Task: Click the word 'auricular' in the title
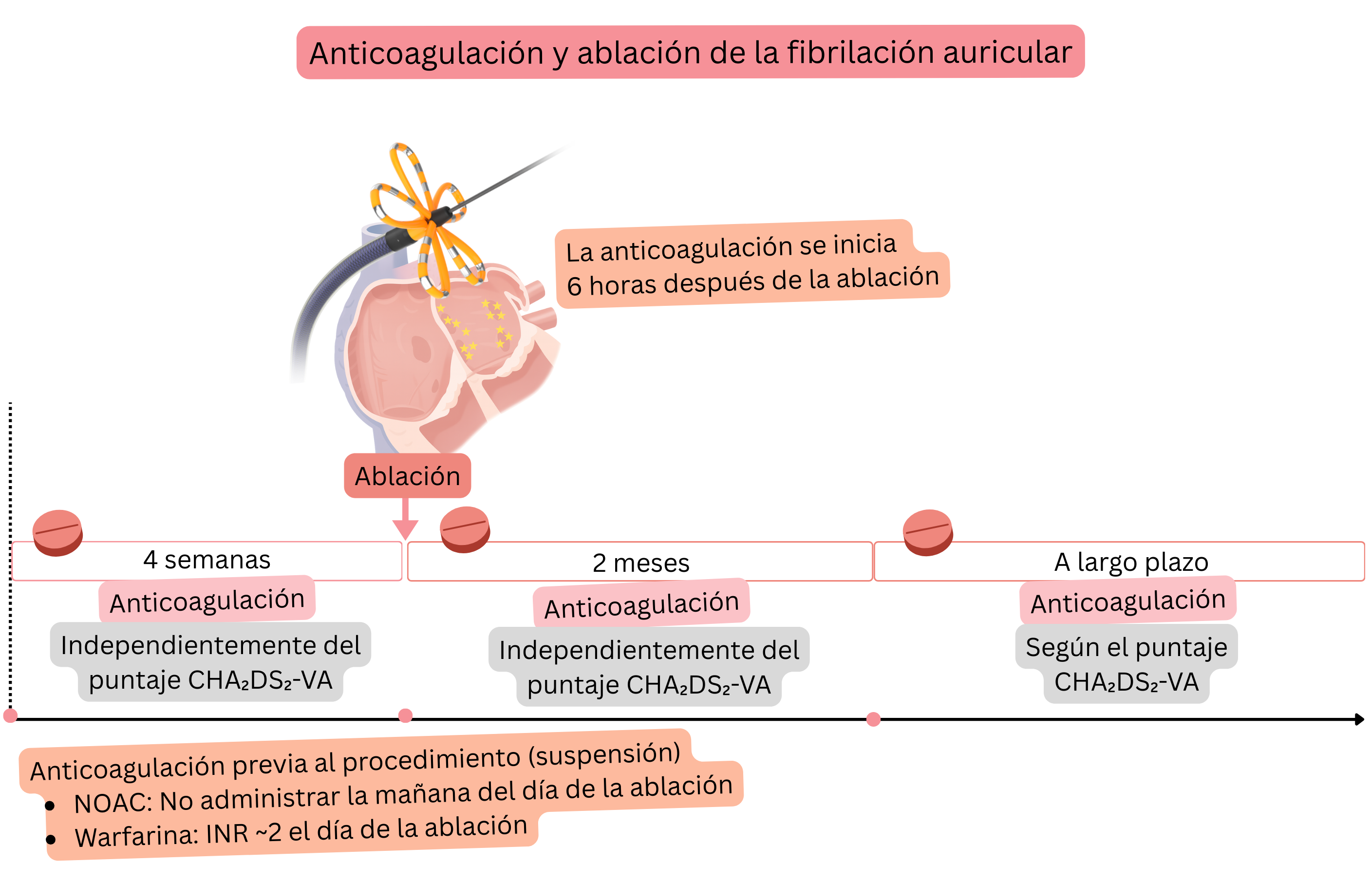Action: (1007, 53)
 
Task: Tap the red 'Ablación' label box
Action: (407, 476)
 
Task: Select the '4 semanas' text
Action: (206, 560)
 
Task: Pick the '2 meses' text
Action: (640, 563)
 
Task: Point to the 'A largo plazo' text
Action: (1130, 562)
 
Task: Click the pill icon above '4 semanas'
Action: (57, 532)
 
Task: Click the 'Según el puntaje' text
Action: (1126, 647)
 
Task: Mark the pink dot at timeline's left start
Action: (10, 715)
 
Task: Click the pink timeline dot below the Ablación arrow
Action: (405, 715)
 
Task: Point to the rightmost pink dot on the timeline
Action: (873, 719)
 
